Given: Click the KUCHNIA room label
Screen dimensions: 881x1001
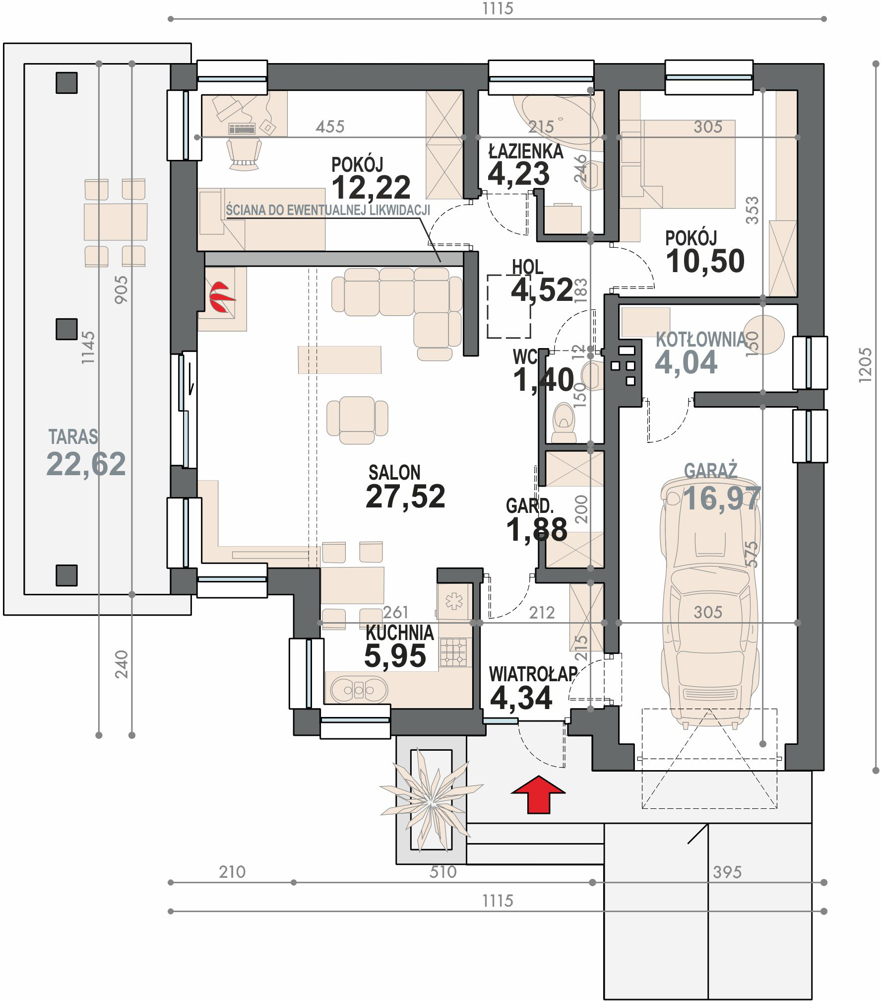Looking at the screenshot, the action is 399,633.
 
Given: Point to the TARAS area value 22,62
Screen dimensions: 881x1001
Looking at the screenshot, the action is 86,464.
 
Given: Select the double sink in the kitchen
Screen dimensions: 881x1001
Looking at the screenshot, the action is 359,689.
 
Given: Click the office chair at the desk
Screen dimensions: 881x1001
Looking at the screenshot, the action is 244,154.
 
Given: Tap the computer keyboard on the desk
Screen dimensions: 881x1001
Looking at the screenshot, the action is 242,129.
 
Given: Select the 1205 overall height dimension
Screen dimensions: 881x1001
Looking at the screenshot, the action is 864,365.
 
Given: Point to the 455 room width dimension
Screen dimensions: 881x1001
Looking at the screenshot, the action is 330,127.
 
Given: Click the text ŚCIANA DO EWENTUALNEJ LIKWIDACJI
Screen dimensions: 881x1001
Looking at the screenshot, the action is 327,210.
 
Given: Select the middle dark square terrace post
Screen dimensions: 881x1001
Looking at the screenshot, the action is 66,329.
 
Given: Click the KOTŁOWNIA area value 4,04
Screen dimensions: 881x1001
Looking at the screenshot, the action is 686,362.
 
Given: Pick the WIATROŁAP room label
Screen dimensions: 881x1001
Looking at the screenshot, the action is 533,674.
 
